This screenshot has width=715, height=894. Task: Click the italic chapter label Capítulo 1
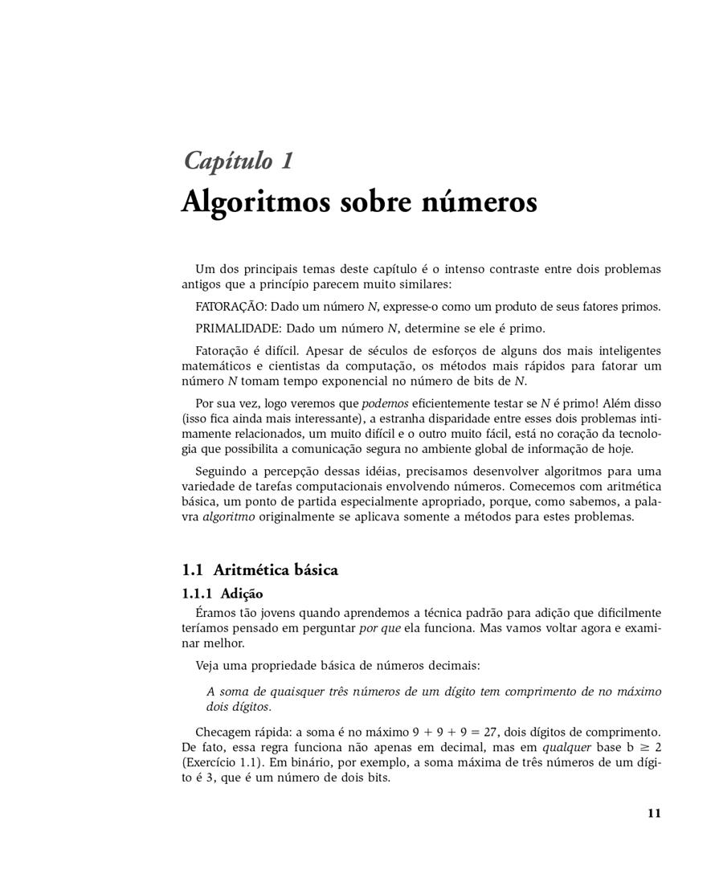[x=239, y=161]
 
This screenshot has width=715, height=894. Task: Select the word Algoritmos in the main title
[x=256, y=201]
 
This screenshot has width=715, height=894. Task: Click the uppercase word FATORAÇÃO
[x=231, y=307]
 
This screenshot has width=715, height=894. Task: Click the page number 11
[x=653, y=814]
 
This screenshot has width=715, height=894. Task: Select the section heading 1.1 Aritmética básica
[x=259, y=570]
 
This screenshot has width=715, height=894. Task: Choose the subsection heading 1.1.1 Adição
[x=222, y=594]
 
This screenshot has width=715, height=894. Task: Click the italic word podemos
[x=386, y=403]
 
